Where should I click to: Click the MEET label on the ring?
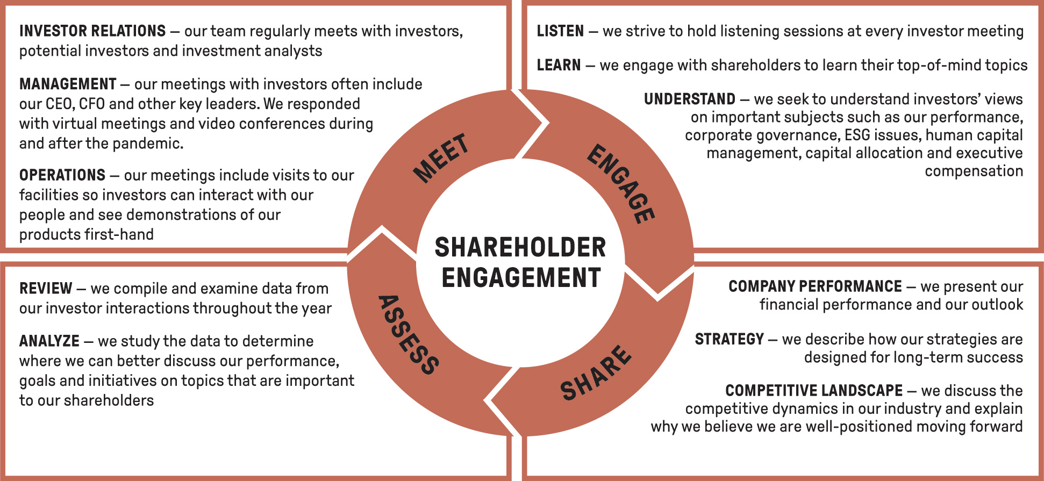coord(441,157)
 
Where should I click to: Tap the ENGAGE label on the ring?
coord(621,184)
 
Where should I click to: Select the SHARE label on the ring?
coord(595,374)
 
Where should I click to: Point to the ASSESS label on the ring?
coord(409,334)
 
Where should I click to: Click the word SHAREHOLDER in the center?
coord(520,248)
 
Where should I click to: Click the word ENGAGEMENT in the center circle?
coord(521,278)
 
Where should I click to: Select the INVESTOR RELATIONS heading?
coord(92,31)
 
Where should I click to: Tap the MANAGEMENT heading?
coord(68,84)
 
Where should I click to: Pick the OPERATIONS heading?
coord(62,175)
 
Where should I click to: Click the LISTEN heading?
coord(560,31)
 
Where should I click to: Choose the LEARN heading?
coord(559,66)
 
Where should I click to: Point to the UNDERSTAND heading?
coord(689,99)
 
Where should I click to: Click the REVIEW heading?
coord(46,289)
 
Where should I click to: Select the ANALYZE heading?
coord(49,341)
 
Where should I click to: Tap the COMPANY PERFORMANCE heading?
coord(815,286)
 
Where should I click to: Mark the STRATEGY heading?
coord(729,340)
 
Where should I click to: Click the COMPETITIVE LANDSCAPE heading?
coord(814,391)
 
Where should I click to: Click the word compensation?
coord(974,171)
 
